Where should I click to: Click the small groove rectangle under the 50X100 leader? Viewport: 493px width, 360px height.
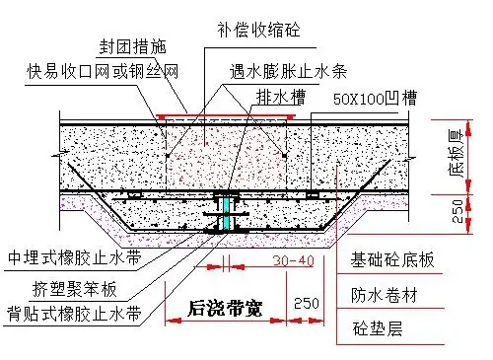click(x=312, y=195)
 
